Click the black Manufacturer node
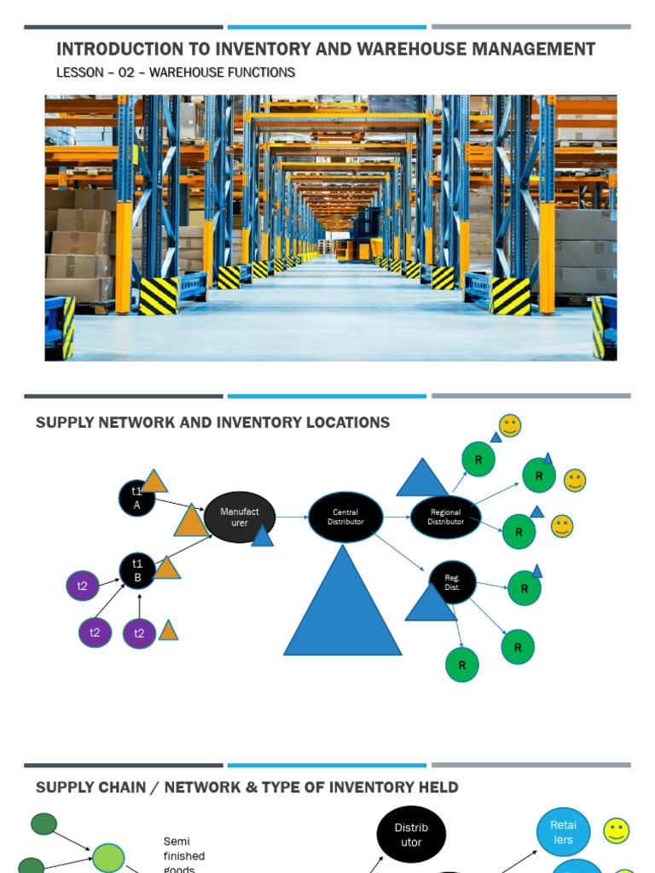240,517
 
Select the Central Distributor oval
345,517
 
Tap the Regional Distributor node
446,517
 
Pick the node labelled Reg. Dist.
452,581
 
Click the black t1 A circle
137,498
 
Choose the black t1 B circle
137,570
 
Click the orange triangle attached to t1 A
154,483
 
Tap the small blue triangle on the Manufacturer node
263,536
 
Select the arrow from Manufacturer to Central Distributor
291,517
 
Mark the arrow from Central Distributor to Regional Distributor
397,517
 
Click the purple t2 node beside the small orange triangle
139,633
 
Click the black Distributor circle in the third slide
411,835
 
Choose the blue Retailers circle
563,832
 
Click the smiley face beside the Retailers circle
616,830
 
